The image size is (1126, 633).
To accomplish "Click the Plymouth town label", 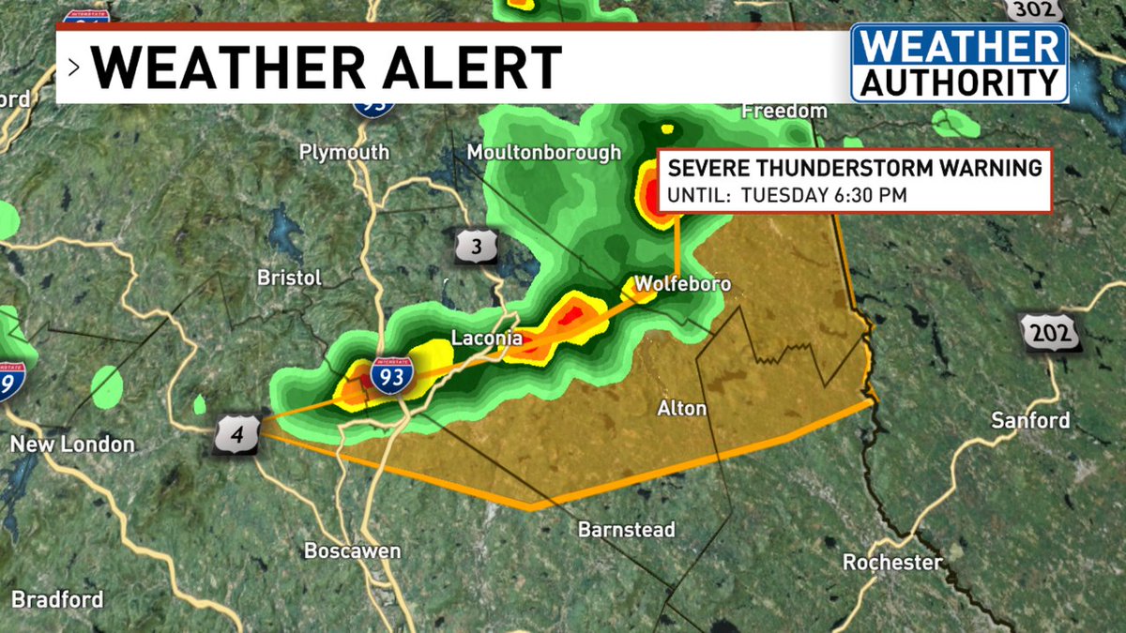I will click(x=343, y=152).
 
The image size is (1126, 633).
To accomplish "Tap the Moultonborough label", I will click(x=544, y=152).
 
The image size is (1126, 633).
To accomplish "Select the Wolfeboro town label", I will click(x=682, y=283).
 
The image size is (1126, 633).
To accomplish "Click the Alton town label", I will click(x=682, y=408).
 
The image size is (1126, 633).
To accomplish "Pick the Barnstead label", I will click(x=626, y=530).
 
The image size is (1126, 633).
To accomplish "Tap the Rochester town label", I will click(x=892, y=563).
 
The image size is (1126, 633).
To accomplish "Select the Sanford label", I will click(x=1030, y=420).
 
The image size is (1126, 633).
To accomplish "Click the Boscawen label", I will click(x=352, y=550).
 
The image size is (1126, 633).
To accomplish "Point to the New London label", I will click(x=72, y=445).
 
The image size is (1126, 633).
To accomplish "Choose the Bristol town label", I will click(x=289, y=278).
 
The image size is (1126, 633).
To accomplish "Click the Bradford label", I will click(x=57, y=599).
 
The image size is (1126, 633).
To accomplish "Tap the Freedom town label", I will click(x=784, y=111).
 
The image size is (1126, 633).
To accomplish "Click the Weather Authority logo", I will click(x=959, y=63).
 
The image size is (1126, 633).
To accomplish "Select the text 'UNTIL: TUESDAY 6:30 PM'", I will click(x=786, y=195).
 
